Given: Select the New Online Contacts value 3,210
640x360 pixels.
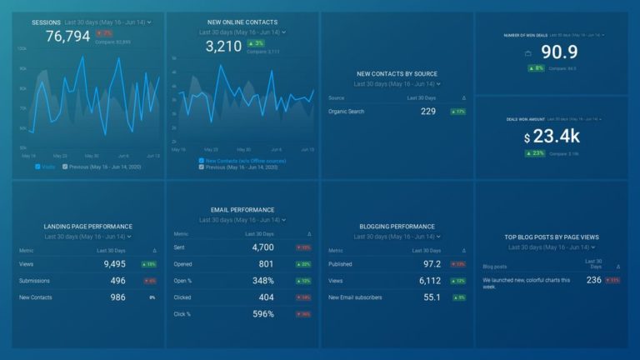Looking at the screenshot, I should tap(222, 46).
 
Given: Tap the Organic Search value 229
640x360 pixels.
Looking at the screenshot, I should tap(428, 111).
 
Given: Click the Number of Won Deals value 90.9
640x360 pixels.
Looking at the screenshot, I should tap(559, 52).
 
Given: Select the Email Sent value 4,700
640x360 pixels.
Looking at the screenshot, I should tap(262, 247).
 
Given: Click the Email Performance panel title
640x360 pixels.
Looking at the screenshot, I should tap(242, 210).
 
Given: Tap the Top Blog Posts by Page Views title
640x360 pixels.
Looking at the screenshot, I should tap(552, 237).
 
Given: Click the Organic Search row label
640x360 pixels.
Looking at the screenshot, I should tap(347, 111).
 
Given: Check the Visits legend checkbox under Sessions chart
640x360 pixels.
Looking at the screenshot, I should tap(37, 166).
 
